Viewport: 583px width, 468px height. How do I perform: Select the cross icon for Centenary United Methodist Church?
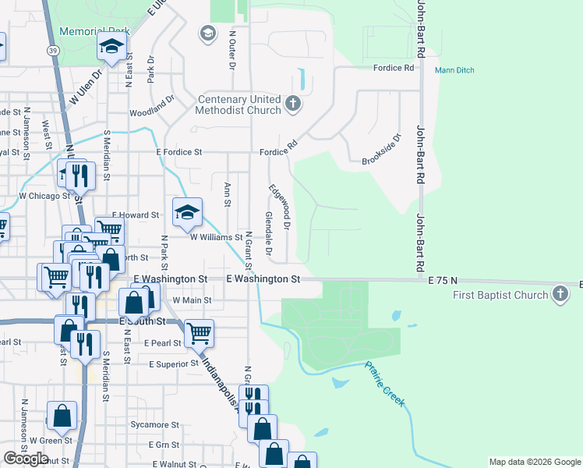coord(293,105)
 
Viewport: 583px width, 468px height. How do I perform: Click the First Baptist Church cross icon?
coord(560,294)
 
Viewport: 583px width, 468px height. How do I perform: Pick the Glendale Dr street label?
coord(268,233)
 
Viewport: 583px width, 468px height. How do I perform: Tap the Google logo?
coord(26,459)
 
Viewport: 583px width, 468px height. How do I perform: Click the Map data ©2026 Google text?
coord(534,462)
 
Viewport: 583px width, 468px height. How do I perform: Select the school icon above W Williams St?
coord(187,211)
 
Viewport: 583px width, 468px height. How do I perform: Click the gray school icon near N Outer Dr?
coord(207,33)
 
